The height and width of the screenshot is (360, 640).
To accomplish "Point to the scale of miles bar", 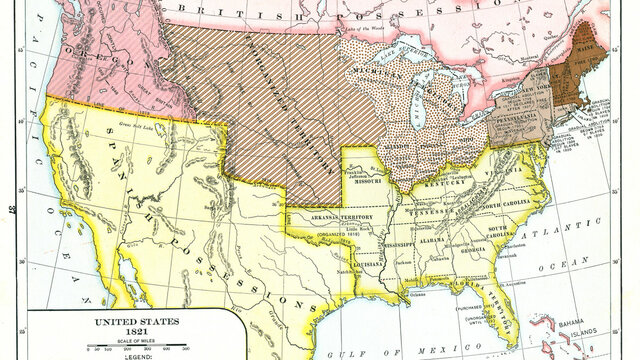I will (117, 349).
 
